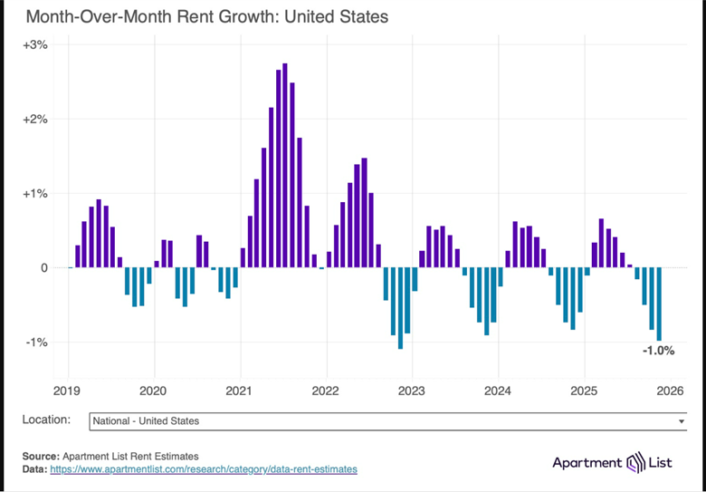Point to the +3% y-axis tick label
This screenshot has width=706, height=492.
35,44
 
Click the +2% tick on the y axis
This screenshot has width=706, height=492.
35,119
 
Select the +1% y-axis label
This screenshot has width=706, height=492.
35,193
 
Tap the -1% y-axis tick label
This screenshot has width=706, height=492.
37,342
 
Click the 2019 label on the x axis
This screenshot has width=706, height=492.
68,391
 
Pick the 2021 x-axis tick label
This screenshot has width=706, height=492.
240,391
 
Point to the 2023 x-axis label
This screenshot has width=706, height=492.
412,391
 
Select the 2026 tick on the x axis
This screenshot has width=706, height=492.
668,391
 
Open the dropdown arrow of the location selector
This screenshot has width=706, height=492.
682,421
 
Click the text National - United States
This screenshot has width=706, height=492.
146,421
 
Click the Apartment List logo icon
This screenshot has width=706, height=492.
637,462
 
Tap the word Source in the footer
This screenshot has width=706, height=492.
40,456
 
